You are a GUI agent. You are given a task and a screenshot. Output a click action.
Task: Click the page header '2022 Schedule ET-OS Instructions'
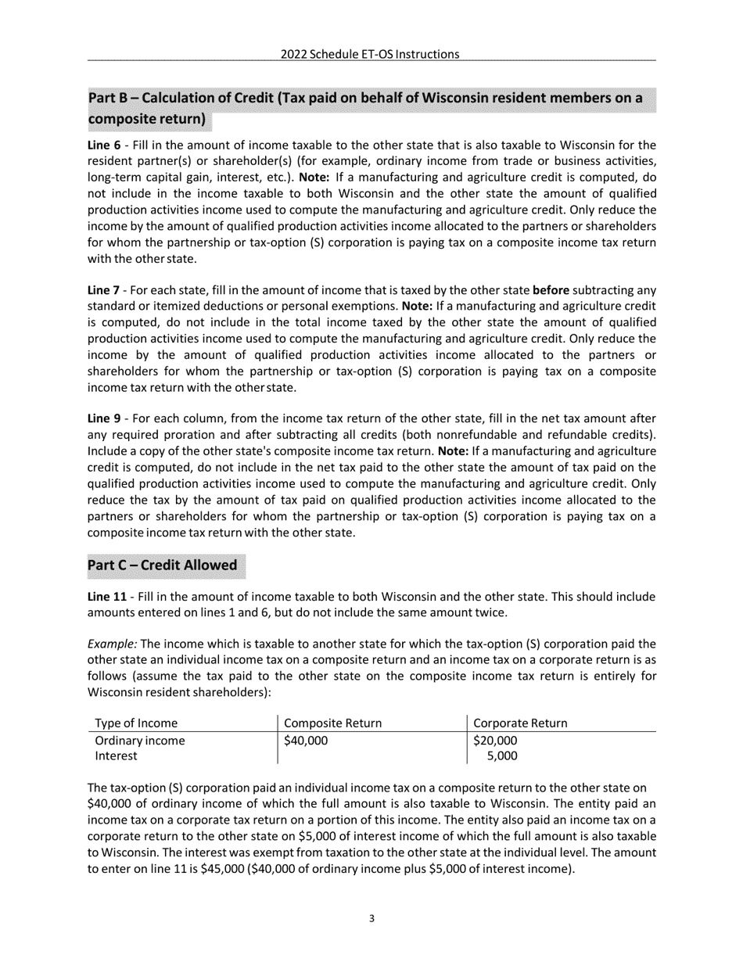point(370,54)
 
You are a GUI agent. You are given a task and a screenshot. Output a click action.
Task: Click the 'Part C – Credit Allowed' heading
point(162,565)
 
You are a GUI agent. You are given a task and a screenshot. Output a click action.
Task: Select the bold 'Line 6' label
point(104,145)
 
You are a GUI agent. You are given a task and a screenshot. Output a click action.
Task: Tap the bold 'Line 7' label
point(104,290)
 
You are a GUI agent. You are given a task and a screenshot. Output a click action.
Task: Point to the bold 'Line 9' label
point(104,418)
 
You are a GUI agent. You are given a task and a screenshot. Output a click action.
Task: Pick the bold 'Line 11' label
point(107,597)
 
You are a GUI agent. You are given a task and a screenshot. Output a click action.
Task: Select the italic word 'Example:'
point(112,644)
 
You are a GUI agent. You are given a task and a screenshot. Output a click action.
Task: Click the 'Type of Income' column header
point(136,723)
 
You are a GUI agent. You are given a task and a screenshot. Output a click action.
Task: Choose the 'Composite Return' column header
point(333,723)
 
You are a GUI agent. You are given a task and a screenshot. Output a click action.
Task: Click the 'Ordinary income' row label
point(140,741)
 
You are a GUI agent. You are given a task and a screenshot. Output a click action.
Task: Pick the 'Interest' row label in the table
point(116,756)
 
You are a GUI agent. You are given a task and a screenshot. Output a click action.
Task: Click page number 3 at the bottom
point(371,919)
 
